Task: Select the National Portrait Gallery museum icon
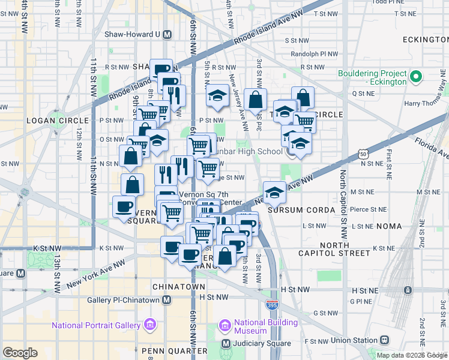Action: [149, 325]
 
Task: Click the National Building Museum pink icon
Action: [225, 326]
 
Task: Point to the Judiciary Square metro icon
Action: [226, 344]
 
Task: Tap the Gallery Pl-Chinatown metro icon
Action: [166, 299]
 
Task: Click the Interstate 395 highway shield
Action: [273, 305]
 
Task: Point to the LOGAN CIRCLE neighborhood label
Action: [49, 121]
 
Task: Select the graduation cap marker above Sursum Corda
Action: [275, 192]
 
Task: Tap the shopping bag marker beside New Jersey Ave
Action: [255, 100]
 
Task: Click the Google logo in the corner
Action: [20, 353]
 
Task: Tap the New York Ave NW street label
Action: [93, 272]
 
